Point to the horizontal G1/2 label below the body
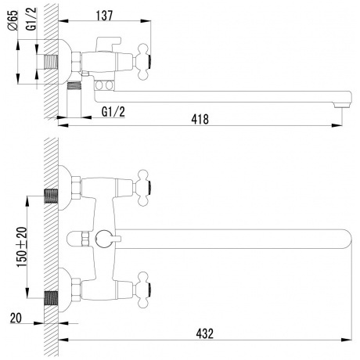click(x=115, y=112)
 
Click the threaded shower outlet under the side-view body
click(x=77, y=87)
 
